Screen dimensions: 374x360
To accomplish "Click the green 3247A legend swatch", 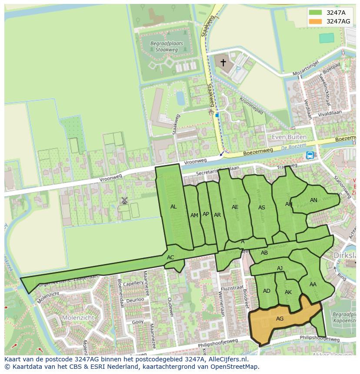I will coord(316,13).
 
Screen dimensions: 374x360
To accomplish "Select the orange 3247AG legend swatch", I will coord(316,21).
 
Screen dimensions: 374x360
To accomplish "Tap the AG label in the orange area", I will coord(280,319).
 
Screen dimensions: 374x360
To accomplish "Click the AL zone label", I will coord(173,207).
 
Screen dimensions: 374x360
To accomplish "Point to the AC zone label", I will coord(170,258).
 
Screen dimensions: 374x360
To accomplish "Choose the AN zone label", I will coord(313,200).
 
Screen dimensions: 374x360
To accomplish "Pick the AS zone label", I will coord(262,208).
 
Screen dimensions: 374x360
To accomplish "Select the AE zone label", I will coord(235,207).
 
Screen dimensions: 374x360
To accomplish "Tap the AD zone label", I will coord(267,291).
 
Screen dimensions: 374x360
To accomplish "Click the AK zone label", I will coord(288,292).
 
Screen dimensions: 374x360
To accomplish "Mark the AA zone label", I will coord(313,285).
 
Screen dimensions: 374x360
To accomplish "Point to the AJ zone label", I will coord(280,268).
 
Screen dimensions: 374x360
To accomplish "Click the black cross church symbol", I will coord(223,63).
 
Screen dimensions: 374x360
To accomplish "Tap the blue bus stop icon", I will coord(310,155).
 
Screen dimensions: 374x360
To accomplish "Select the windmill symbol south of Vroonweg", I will coord(124,200).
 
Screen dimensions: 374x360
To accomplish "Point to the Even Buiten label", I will coord(289,137).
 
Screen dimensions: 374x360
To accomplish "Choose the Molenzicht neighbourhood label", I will coord(78,318).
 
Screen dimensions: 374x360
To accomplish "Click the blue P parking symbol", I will coord(238,69).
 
